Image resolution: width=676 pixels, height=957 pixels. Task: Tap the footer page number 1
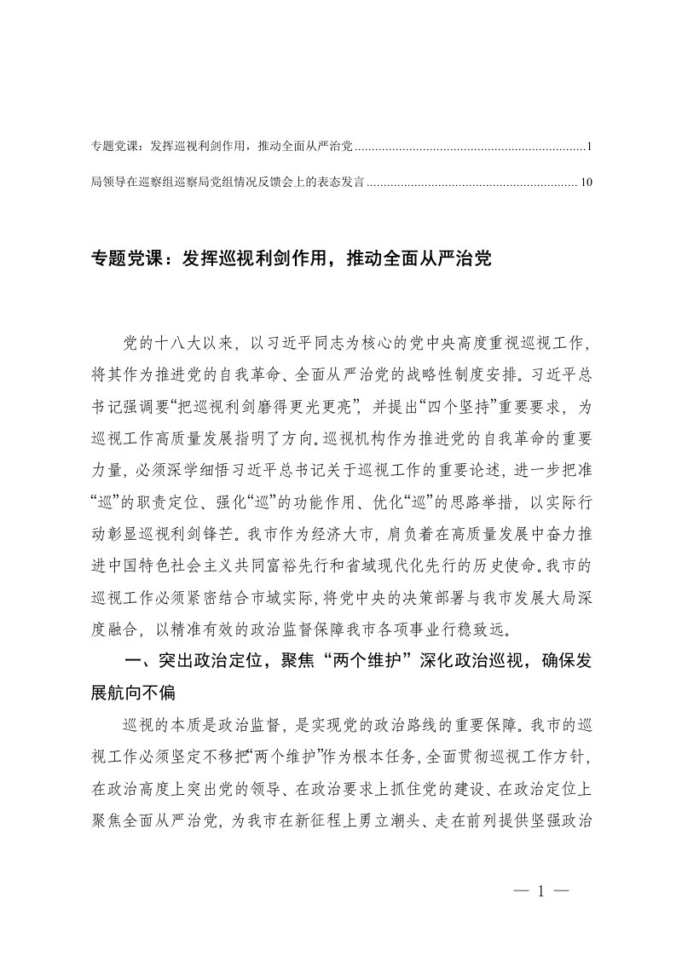pos(541,891)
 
